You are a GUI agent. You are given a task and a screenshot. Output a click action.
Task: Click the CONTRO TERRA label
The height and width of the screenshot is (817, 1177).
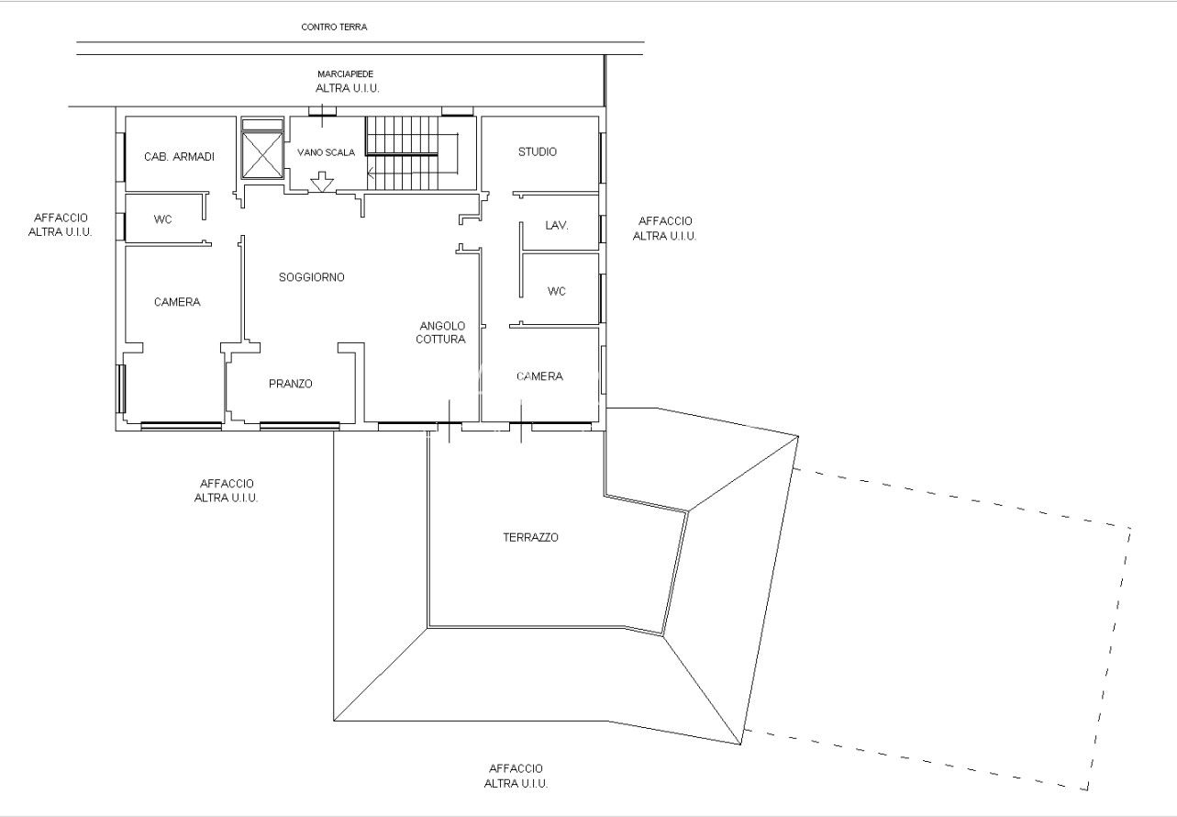pos(334,27)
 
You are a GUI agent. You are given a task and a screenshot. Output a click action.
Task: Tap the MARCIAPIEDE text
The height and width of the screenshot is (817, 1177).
pos(345,74)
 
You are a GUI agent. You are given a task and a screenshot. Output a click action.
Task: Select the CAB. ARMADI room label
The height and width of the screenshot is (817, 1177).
pos(179,157)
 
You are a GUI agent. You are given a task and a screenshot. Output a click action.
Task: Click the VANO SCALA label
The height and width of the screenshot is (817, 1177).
pos(326,152)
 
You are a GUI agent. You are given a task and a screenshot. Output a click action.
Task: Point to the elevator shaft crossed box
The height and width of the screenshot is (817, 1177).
pos(261,156)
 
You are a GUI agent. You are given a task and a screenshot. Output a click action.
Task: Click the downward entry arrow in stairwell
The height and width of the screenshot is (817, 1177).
pos(322,182)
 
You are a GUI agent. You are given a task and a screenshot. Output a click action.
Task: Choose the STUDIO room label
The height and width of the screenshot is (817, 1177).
pos(537,152)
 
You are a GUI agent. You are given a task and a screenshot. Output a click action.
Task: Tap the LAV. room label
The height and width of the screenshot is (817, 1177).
pos(557,226)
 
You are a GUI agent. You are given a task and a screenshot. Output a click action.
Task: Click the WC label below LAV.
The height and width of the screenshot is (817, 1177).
pos(557,291)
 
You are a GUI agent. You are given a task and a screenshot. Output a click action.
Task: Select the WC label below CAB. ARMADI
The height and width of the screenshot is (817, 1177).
pos(163,219)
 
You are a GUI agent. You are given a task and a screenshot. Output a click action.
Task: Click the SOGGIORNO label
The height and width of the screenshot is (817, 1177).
pos(312,277)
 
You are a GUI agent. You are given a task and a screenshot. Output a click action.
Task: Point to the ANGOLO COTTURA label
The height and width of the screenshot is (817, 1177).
pos(441,332)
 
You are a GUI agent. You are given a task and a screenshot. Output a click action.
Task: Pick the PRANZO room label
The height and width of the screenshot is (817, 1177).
pos(291,384)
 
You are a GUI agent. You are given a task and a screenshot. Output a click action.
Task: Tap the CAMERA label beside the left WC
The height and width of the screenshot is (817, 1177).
pos(177,302)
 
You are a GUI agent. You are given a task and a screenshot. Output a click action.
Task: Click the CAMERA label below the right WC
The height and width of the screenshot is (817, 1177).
pos(539,376)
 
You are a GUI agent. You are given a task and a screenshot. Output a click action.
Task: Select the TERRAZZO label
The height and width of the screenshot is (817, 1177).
pos(530,537)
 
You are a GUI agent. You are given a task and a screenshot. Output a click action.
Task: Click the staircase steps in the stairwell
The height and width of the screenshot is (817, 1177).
pos(402,153)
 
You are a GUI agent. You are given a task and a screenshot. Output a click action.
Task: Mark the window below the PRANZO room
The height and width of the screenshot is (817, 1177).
pos(299,426)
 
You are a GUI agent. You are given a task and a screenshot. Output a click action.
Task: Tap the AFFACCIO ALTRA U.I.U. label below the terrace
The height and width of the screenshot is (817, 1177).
pos(516,776)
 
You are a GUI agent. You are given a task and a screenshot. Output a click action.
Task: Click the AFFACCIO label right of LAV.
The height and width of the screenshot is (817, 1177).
pos(665,221)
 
